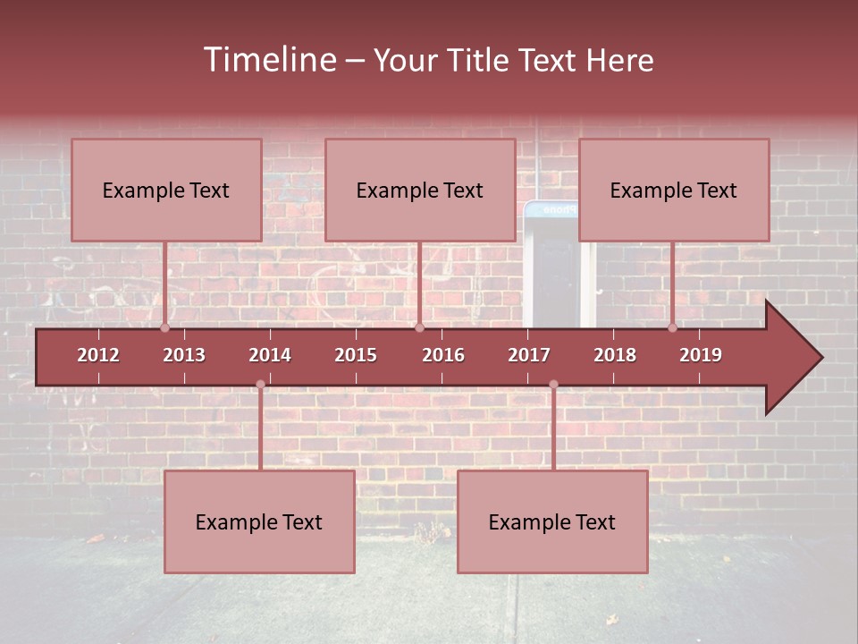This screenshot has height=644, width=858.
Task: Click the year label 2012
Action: (x=98, y=355)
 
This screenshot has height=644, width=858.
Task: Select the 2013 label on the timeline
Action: (x=184, y=355)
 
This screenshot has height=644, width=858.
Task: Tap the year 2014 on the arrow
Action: (x=270, y=355)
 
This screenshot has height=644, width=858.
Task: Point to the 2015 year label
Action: (x=356, y=355)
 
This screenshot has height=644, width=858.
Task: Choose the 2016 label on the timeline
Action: (x=443, y=355)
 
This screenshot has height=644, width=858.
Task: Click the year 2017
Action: (x=529, y=355)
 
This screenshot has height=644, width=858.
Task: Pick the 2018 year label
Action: (x=615, y=355)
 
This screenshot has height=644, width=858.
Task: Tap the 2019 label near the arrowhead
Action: (x=701, y=355)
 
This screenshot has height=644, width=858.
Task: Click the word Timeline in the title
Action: (x=268, y=60)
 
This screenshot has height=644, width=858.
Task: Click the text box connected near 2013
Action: (x=166, y=190)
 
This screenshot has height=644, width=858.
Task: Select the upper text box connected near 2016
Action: (x=420, y=190)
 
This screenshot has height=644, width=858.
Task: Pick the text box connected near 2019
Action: (x=674, y=190)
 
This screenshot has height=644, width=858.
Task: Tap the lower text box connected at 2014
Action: (x=259, y=521)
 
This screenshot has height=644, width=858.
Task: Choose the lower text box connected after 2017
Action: (x=552, y=521)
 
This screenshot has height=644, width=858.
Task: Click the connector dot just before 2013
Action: (x=164, y=328)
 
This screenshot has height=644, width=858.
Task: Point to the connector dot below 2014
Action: (x=260, y=385)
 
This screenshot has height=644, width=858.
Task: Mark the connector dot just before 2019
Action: (x=672, y=328)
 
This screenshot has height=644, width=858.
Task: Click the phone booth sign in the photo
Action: (x=551, y=210)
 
